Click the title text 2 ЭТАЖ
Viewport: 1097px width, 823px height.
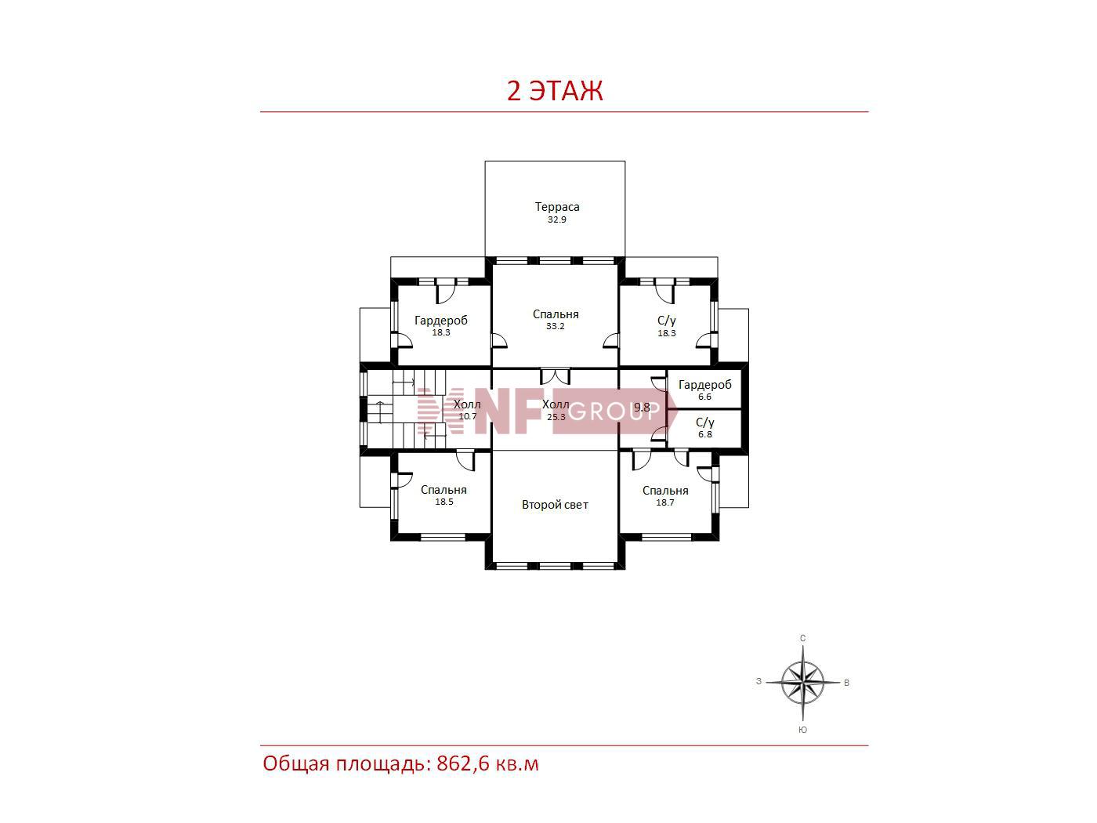pyautogui.click(x=555, y=92)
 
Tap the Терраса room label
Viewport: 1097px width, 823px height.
pyautogui.click(x=557, y=207)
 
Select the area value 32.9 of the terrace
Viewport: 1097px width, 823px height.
pyautogui.click(x=557, y=220)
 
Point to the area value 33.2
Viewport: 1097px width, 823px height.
pyautogui.click(x=556, y=326)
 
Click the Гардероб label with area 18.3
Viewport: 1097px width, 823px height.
pyautogui.click(x=441, y=321)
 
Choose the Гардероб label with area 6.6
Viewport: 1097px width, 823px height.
pyautogui.click(x=704, y=385)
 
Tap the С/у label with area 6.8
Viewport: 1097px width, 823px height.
pyautogui.click(x=704, y=422)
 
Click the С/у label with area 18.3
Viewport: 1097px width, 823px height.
pyautogui.click(x=667, y=321)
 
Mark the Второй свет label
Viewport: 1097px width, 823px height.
pyautogui.click(x=555, y=505)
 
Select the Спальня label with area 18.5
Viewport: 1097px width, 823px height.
pyautogui.click(x=444, y=490)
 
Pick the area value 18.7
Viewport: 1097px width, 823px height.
pyautogui.click(x=665, y=502)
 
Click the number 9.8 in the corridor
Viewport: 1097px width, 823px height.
pyautogui.click(x=643, y=408)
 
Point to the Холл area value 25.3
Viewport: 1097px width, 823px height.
pyautogui.click(x=556, y=417)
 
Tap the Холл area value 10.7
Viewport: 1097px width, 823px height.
pyautogui.click(x=467, y=416)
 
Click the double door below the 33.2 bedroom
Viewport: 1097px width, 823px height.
pyautogui.click(x=555, y=376)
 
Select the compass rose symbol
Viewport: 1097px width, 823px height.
pyautogui.click(x=802, y=682)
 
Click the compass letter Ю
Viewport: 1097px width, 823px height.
pyautogui.click(x=802, y=730)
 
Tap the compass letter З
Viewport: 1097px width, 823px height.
pyautogui.click(x=758, y=682)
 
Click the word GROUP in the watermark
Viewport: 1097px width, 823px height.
pyautogui.click(x=614, y=411)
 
